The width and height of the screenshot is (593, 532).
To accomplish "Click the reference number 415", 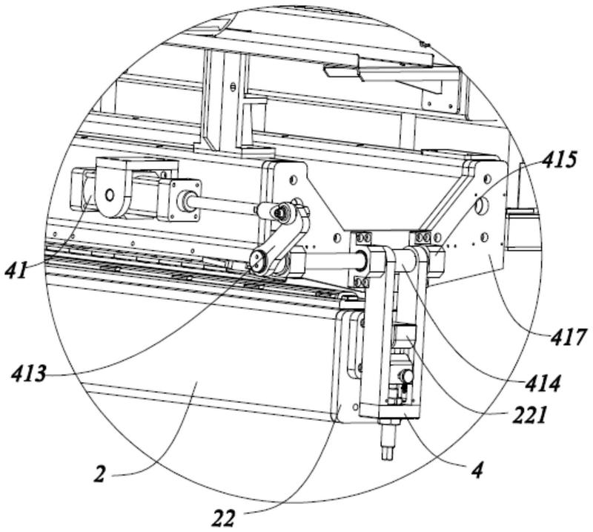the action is [559, 161].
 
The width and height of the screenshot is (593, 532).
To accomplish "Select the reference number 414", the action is [543, 384].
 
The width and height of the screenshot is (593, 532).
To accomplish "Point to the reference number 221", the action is [529, 416].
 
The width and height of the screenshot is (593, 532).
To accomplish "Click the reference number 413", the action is [29, 374].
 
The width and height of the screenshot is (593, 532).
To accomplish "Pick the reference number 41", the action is [16, 270].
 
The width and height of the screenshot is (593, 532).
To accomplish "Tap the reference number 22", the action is [224, 518].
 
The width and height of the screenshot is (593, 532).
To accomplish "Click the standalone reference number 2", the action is [99, 474].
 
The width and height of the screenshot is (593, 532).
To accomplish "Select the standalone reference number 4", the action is [477, 470].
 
